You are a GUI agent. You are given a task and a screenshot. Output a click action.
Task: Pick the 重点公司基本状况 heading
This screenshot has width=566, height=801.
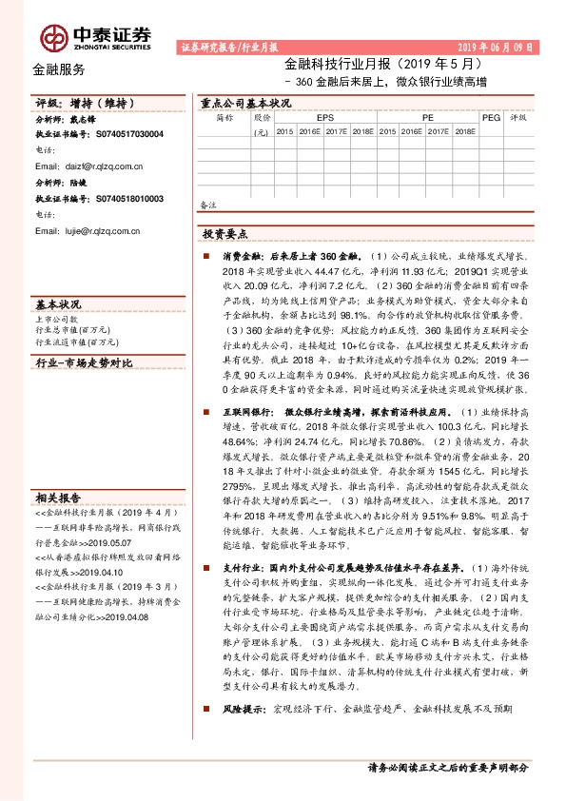point(245,103)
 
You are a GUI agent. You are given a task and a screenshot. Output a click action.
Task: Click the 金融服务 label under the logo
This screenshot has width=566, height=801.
point(58,69)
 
